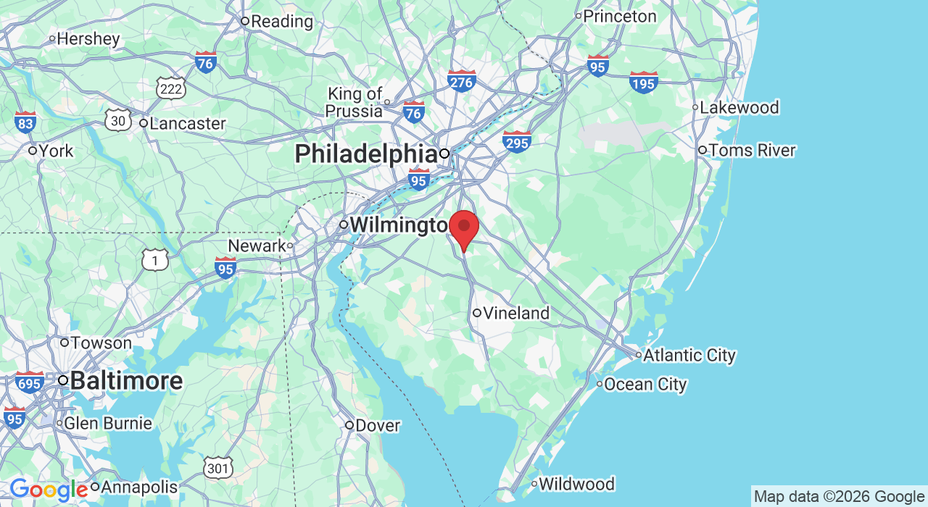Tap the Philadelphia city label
pos(365,154)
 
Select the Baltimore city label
pos(125,381)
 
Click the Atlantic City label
pos(689,356)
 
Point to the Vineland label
pos(515,314)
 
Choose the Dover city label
pos(377,425)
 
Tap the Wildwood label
pos(576,484)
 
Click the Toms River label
pos(751,151)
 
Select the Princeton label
pos(619,16)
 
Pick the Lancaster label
pos(186,123)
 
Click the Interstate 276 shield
pos(461,81)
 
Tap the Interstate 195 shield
pos(644,83)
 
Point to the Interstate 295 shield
pos(517,142)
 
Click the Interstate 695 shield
pos(29,382)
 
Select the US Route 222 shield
pos(171,88)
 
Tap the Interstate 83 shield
pos(25,122)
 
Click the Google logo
pos(49,490)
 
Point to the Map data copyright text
pos(839,497)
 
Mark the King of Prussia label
pos(355,102)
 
